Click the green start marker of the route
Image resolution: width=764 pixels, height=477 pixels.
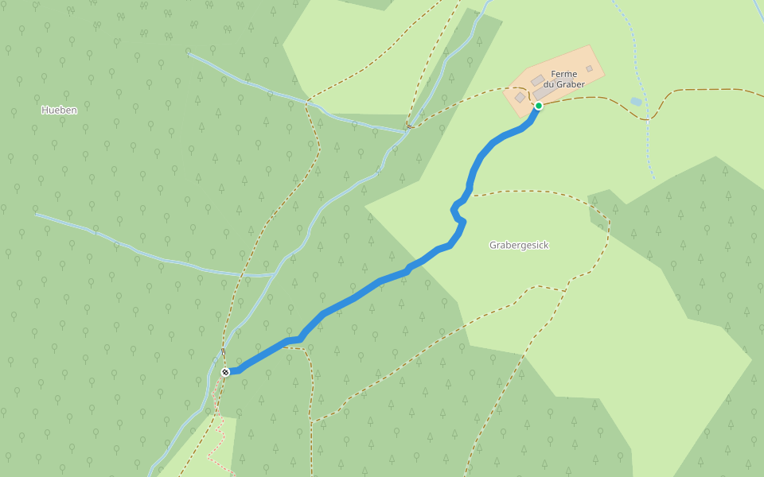(x=539, y=106)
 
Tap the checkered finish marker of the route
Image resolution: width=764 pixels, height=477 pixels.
(x=225, y=372)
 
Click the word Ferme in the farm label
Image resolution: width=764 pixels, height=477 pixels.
(x=563, y=74)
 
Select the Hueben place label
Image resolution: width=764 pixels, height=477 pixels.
(x=59, y=110)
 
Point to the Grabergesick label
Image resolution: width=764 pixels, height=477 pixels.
(x=519, y=245)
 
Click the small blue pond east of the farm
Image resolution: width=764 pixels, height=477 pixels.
(x=635, y=102)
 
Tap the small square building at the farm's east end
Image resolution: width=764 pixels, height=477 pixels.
(x=589, y=69)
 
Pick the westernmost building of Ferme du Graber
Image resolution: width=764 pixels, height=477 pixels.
(x=520, y=97)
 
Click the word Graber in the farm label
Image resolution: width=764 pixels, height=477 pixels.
(x=571, y=84)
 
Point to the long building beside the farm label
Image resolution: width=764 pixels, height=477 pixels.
(x=544, y=93)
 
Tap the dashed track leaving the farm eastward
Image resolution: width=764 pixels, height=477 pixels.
(x=589, y=98)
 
